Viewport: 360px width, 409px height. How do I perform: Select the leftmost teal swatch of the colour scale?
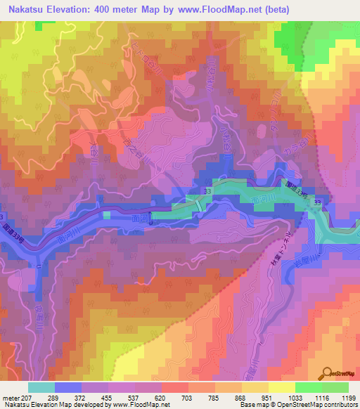(x=41, y=387)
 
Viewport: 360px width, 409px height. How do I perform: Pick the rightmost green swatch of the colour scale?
(x=335, y=387)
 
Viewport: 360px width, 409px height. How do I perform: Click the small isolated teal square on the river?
(x=106, y=216)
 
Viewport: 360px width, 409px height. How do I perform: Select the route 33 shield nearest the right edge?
(x=318, y=203)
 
